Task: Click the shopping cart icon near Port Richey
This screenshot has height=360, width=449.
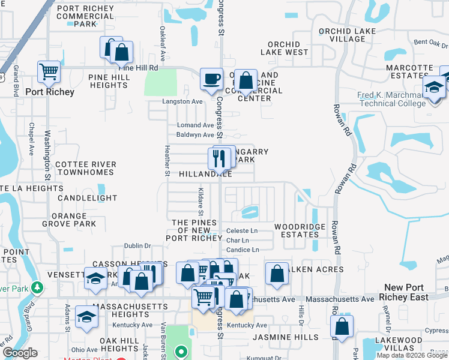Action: [x=48, y=72]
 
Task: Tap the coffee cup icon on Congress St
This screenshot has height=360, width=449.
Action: [x=211, y=79]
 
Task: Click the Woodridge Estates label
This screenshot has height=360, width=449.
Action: [x=300, y=230]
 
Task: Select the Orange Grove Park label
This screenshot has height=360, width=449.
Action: [x=69, y=220]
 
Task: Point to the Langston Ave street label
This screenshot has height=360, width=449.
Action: [x=182, y=101]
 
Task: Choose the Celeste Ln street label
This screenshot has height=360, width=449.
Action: [x=241, y=231]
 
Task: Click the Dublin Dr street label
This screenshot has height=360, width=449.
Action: [x=137, y=245]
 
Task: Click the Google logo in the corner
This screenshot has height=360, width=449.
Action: [x=20, y=353]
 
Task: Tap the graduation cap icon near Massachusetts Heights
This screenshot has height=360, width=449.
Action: [x=87, y=317]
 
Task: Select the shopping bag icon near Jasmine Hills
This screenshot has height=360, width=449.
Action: [x=342, y=328]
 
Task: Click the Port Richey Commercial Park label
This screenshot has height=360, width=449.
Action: [x=85, y=16]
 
